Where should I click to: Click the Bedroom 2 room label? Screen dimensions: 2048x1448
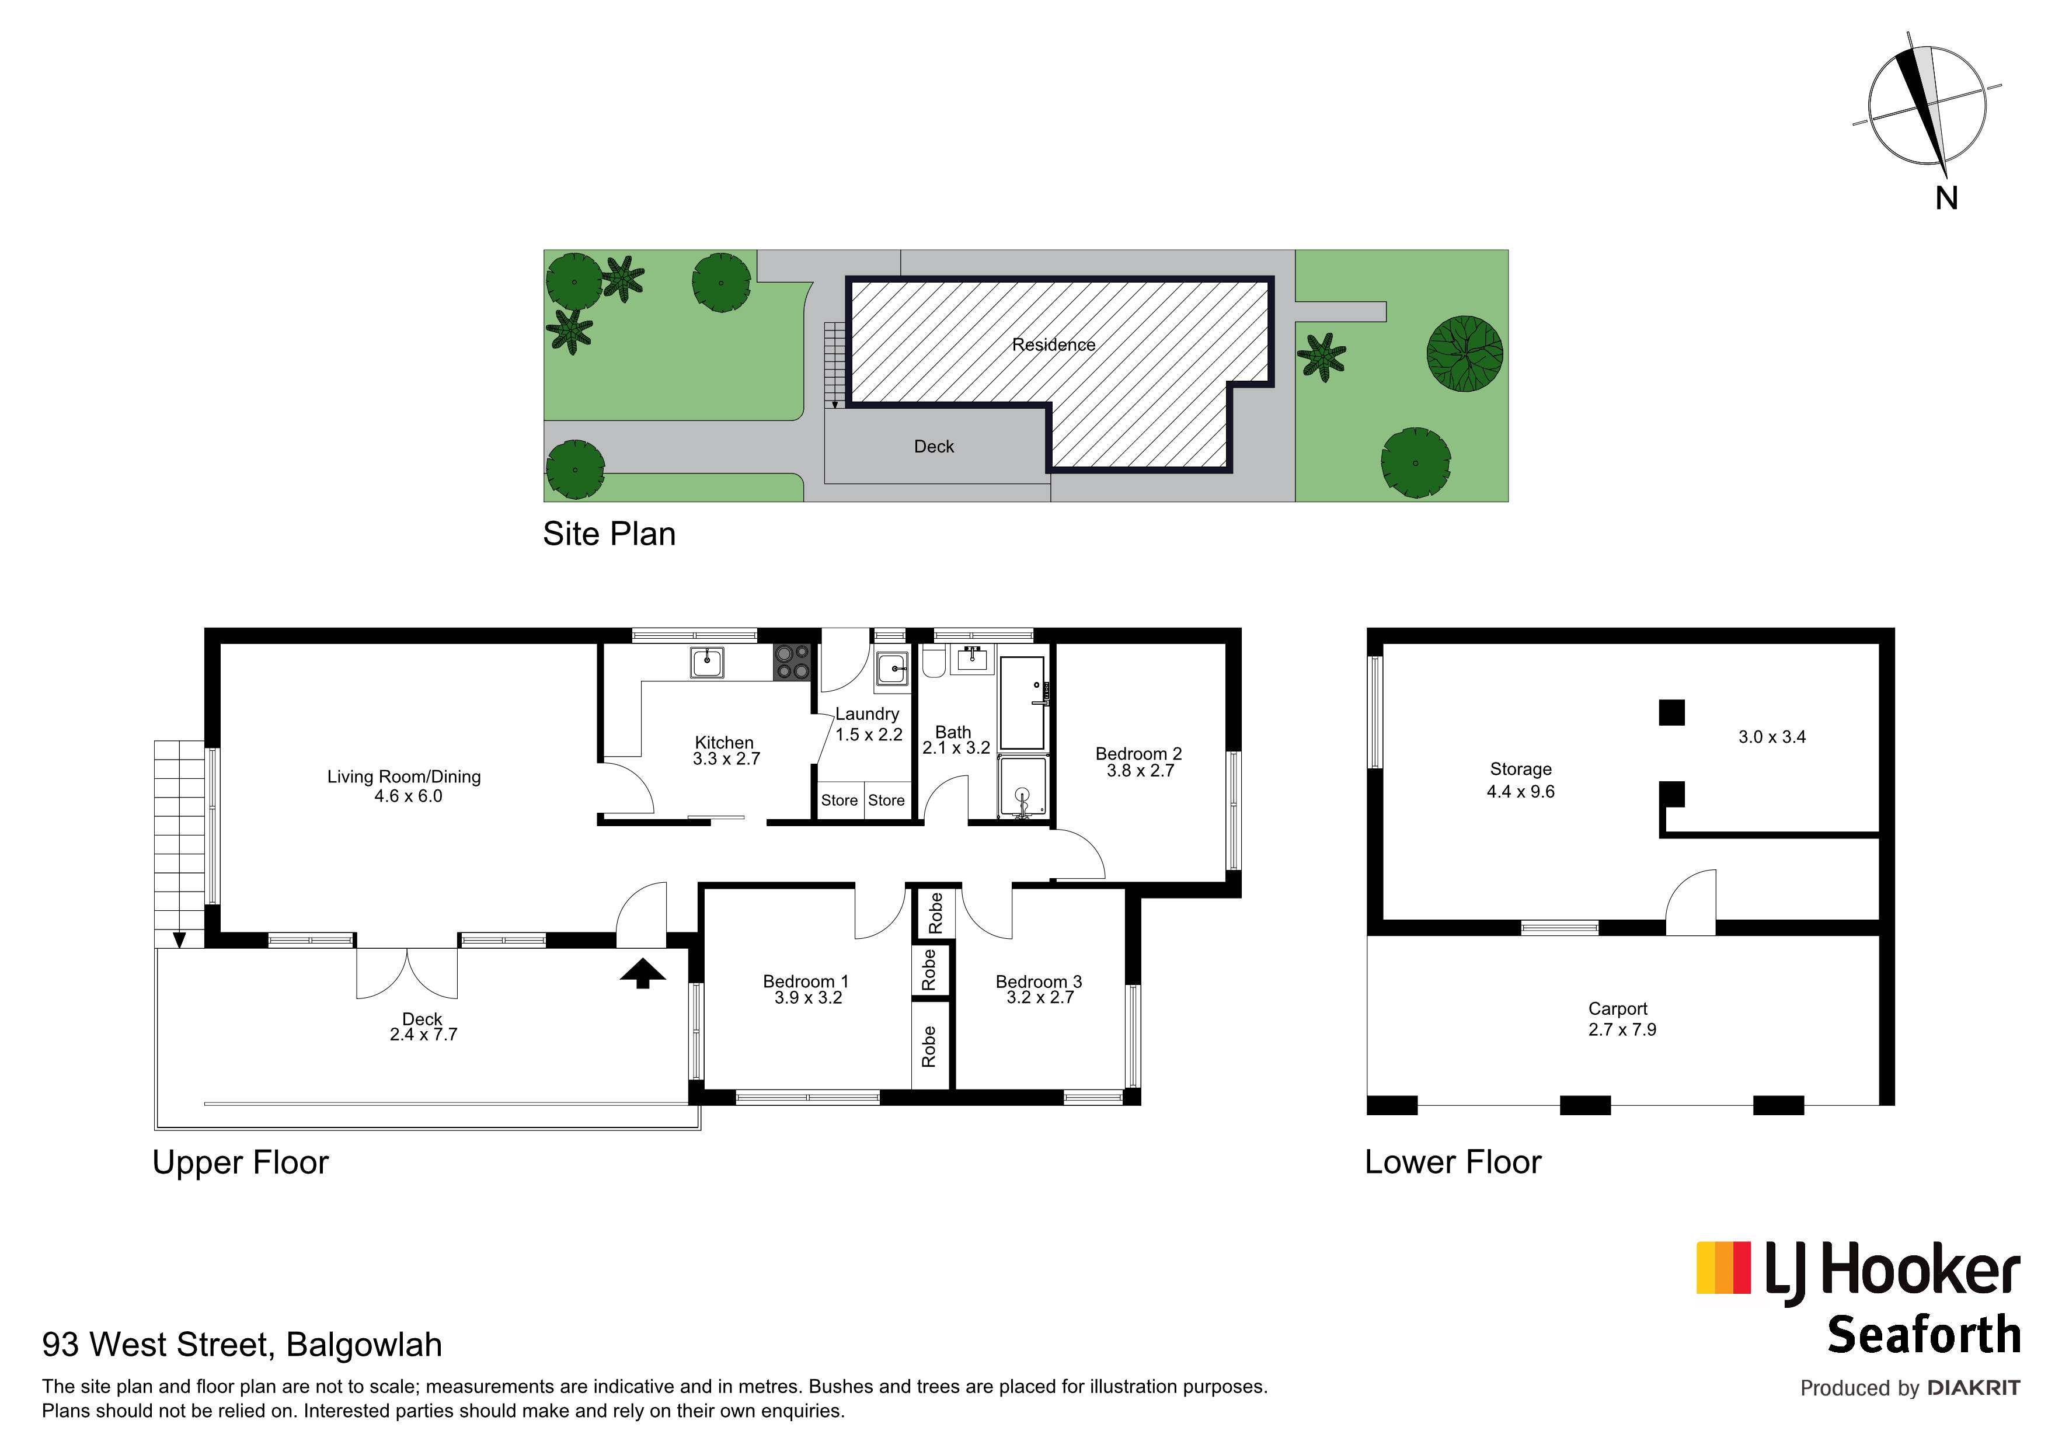pos(1138,754)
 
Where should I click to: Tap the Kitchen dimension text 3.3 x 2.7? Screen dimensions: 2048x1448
pos(726,759)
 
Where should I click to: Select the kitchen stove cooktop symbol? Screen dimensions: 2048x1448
pos(792,663)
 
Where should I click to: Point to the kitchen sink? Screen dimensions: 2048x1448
pos(706,663)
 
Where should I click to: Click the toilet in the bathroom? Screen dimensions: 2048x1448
pos(933,662)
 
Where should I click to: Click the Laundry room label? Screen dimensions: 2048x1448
pos(867,713)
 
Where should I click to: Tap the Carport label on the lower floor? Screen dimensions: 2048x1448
pos(1617,1009)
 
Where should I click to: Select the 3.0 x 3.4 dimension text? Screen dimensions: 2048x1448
pos(1771,737)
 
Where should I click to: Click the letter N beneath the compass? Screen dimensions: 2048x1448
pos(1946,198)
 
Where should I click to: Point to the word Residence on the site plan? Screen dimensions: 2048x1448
pos(1053,344)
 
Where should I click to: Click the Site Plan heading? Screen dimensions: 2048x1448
pos(609,534)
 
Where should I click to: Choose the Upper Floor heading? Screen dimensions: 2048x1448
pos(241,1162)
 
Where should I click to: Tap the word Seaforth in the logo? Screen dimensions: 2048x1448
pos(1923,1335)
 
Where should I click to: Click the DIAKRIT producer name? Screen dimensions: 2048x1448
pos(1973,1388)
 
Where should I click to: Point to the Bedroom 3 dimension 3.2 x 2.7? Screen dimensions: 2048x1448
pos(1040,997)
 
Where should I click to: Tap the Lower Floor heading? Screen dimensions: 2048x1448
pos(1453,1162)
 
